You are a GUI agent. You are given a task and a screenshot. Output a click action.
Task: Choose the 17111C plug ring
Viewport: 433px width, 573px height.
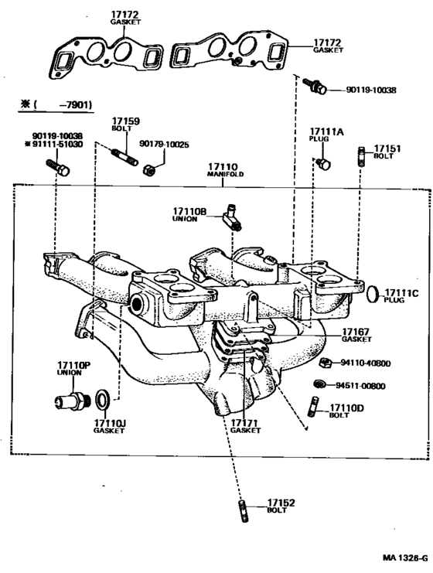(372, 294)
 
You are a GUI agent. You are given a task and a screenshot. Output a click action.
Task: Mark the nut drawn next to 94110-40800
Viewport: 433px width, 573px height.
(325, 363)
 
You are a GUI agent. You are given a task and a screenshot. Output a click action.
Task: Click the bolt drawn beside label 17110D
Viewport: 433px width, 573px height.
(314, 405)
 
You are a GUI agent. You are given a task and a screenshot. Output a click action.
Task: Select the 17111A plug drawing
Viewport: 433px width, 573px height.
(324, 164)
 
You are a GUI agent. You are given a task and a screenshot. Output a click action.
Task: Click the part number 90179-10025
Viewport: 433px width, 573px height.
(164, 144)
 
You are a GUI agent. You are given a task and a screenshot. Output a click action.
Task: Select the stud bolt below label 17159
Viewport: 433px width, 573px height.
(124, 158)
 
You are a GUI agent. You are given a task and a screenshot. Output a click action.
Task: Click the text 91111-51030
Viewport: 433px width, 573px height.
(54, 144)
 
